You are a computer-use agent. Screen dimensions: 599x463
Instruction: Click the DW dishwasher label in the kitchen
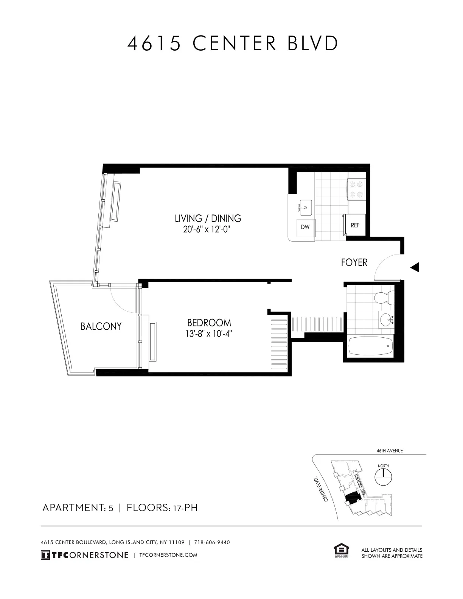point(305,227)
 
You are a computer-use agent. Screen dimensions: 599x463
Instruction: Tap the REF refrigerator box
point(355,225)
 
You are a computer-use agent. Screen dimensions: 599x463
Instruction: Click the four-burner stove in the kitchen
point(356,189)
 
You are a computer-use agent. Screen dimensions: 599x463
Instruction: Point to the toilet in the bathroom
point(384,298)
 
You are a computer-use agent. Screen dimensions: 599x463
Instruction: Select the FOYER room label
point(354,262)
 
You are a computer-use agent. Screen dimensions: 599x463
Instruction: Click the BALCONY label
point(101,326)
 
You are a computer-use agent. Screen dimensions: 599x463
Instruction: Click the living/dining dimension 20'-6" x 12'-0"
point(207,230)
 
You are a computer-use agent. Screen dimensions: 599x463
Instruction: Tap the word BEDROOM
point(209,323)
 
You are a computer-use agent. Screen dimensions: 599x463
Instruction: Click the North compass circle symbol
point(383,478)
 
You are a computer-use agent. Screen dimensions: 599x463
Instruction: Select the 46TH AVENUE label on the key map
point(390,451)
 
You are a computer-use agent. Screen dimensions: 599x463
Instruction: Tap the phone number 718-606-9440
point(212,542)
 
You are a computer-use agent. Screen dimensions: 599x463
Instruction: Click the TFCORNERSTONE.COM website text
point(168,555)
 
